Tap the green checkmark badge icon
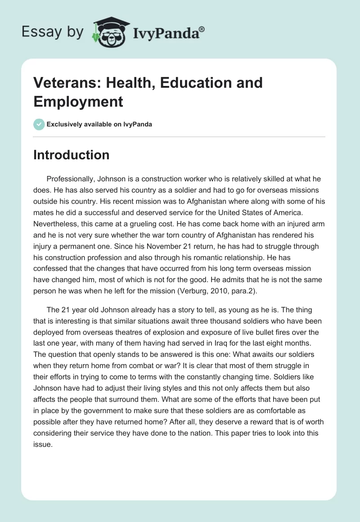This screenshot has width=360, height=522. click(39, 124)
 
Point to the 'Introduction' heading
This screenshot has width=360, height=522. click(71, 155)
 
